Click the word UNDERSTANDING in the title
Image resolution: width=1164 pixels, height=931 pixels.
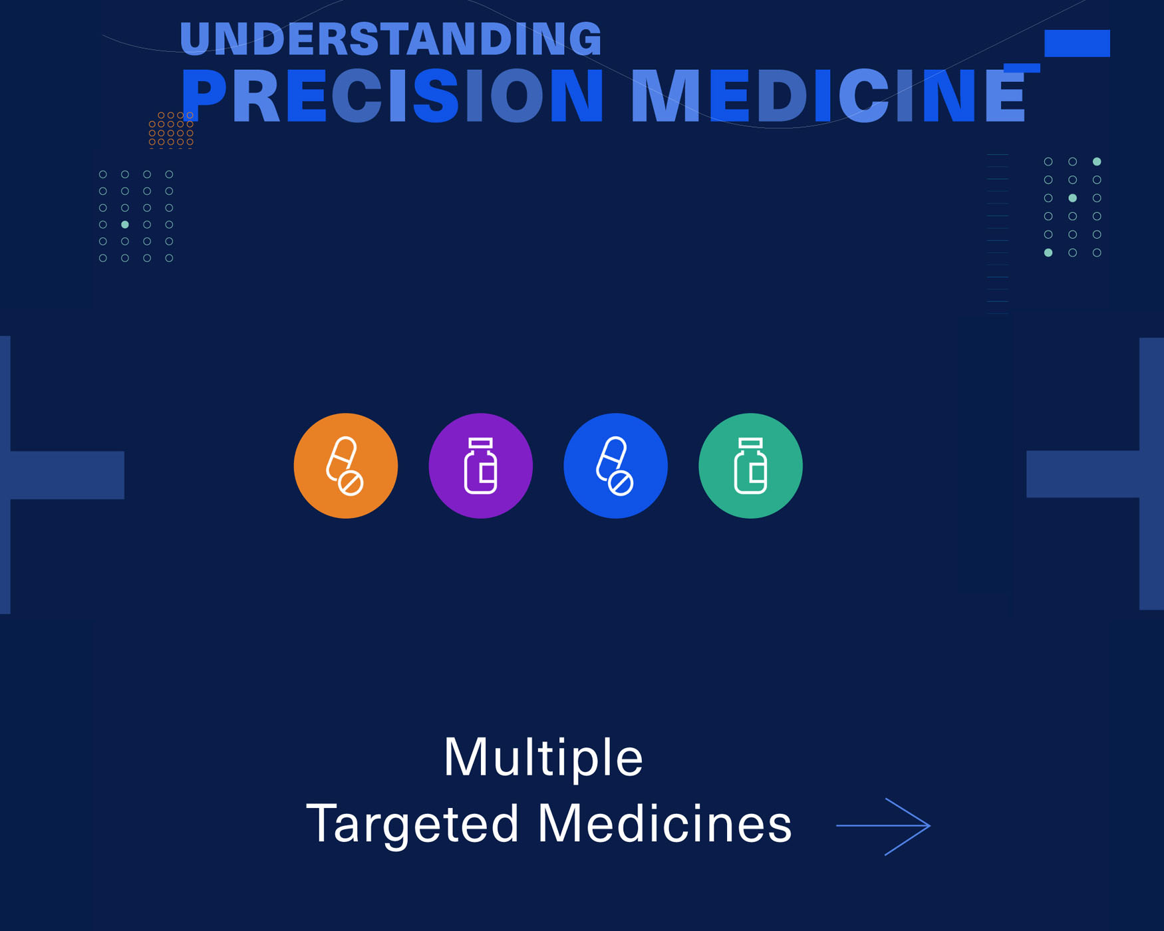(390, 39)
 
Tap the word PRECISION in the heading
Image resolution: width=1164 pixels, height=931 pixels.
(392, 96)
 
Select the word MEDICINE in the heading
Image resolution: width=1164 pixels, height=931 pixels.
(828, 96)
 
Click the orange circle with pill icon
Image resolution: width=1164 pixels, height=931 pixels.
(346, 465)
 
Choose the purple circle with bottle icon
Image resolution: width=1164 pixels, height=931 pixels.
(481, 465)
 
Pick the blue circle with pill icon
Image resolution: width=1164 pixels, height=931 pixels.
(616, 465)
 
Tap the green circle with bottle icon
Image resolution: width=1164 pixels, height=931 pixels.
(751, 465)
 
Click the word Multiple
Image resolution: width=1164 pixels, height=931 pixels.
(543, 757)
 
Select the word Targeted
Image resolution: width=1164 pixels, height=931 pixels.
(412, 824)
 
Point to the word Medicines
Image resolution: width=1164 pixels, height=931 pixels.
(664, 824)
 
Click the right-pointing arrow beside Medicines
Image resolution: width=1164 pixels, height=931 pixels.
(883, 826)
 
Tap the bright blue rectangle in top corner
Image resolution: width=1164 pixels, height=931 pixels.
(1077, 43)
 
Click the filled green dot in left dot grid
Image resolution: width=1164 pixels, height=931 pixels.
(125, 225)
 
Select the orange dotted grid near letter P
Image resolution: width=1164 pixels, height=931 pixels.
(171, 130)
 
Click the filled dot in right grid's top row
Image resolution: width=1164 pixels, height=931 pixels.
(1097, 162)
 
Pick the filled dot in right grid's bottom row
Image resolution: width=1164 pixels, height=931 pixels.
(1048, 253)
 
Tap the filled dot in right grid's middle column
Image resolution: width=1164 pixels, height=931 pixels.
(1072, 198)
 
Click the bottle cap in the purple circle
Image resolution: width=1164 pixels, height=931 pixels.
(481, 443)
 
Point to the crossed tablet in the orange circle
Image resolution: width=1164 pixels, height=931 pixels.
(351, 483)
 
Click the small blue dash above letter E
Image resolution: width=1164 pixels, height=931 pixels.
(1022, 68)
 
